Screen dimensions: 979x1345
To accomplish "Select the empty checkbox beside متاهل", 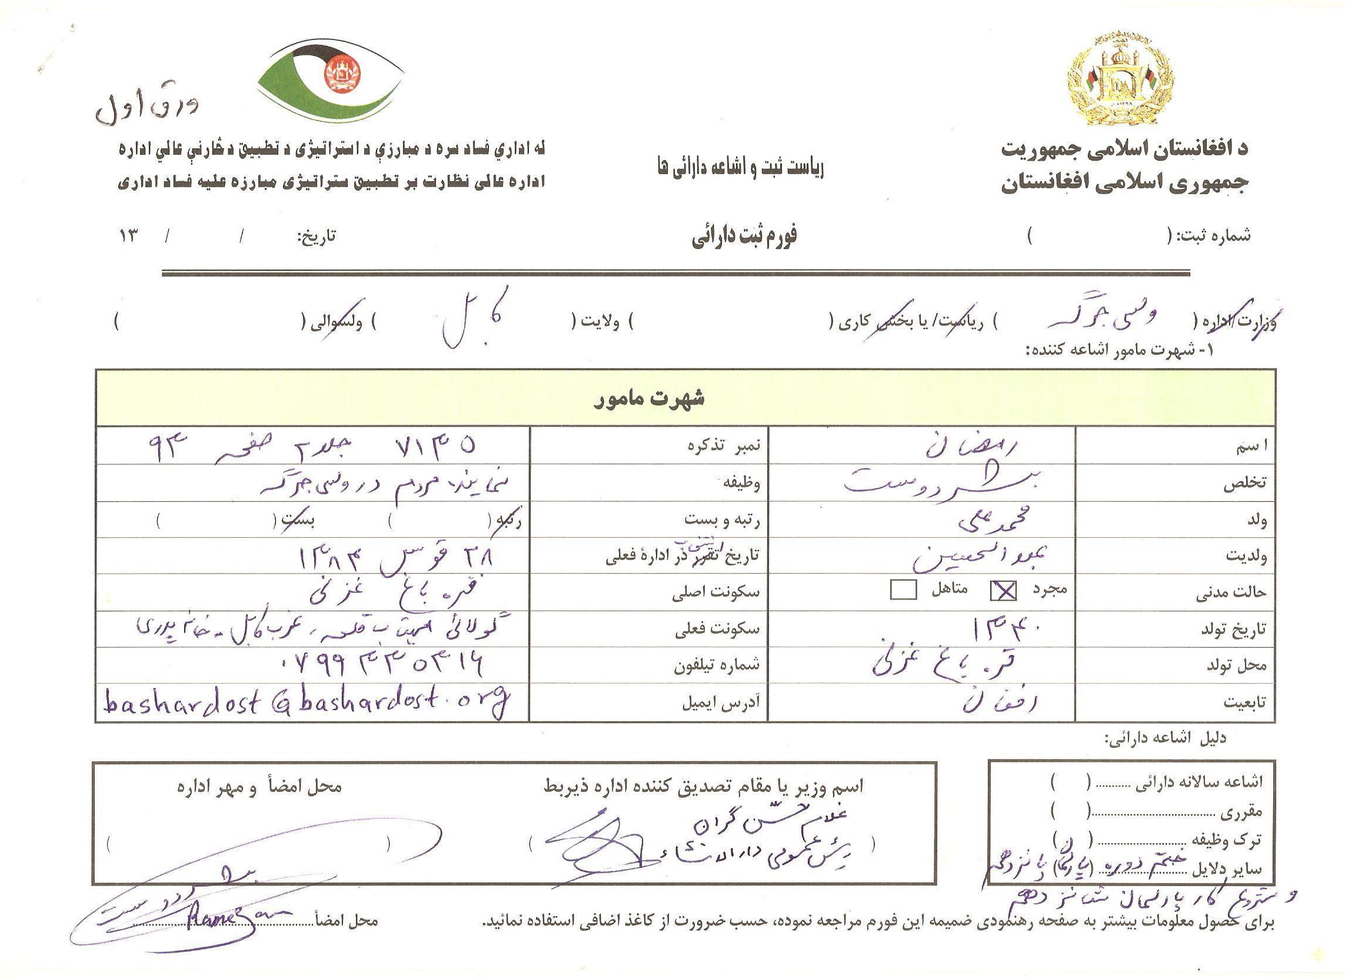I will (x=903, y=590).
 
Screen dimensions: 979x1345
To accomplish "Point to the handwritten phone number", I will (x=379, y=665).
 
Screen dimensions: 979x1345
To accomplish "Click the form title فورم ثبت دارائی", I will (x=745, y=236).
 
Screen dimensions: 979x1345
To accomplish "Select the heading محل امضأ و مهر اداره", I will (x=259, y=787).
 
